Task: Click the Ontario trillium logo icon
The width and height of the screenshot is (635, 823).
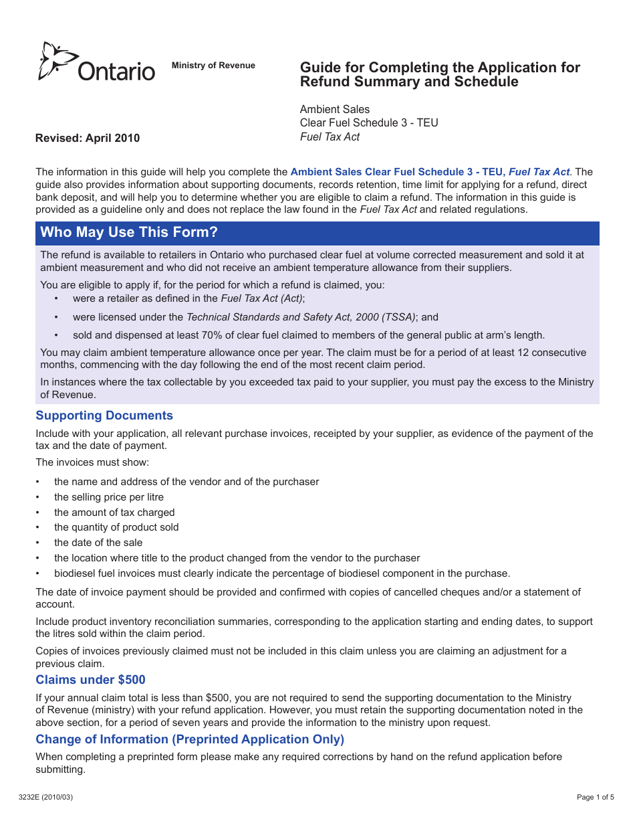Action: [x=57, y=60]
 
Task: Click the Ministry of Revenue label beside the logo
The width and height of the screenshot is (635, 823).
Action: [x=213, y=66]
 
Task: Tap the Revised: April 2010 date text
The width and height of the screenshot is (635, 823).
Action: [x=88, y=139]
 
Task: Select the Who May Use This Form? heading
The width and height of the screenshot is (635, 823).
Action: [x=129, y=233]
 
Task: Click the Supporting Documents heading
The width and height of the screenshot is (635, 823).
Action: [x=104, y=416]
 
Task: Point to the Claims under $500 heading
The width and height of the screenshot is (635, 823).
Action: [x=90, y=680]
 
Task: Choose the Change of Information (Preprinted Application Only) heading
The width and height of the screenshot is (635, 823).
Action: [x=190, y=739]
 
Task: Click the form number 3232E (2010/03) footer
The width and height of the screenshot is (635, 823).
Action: [x=46, y=797]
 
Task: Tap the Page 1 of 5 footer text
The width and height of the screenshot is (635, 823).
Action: [x=595, y=797]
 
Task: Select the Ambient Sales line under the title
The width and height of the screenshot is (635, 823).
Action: [x=334, y=109]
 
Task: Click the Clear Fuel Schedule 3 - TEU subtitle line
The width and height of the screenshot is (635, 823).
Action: [x=369, y=123]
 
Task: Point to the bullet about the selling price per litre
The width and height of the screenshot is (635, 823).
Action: [x=109, y=497]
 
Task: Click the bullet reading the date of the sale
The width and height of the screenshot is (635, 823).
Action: [x=98, y=543]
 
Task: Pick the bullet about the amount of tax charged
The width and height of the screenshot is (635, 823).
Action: [x=114, y=513]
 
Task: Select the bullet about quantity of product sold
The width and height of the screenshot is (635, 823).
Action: [x=116, y=527]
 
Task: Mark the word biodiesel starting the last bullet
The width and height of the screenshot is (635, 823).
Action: [x=74, y=573]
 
